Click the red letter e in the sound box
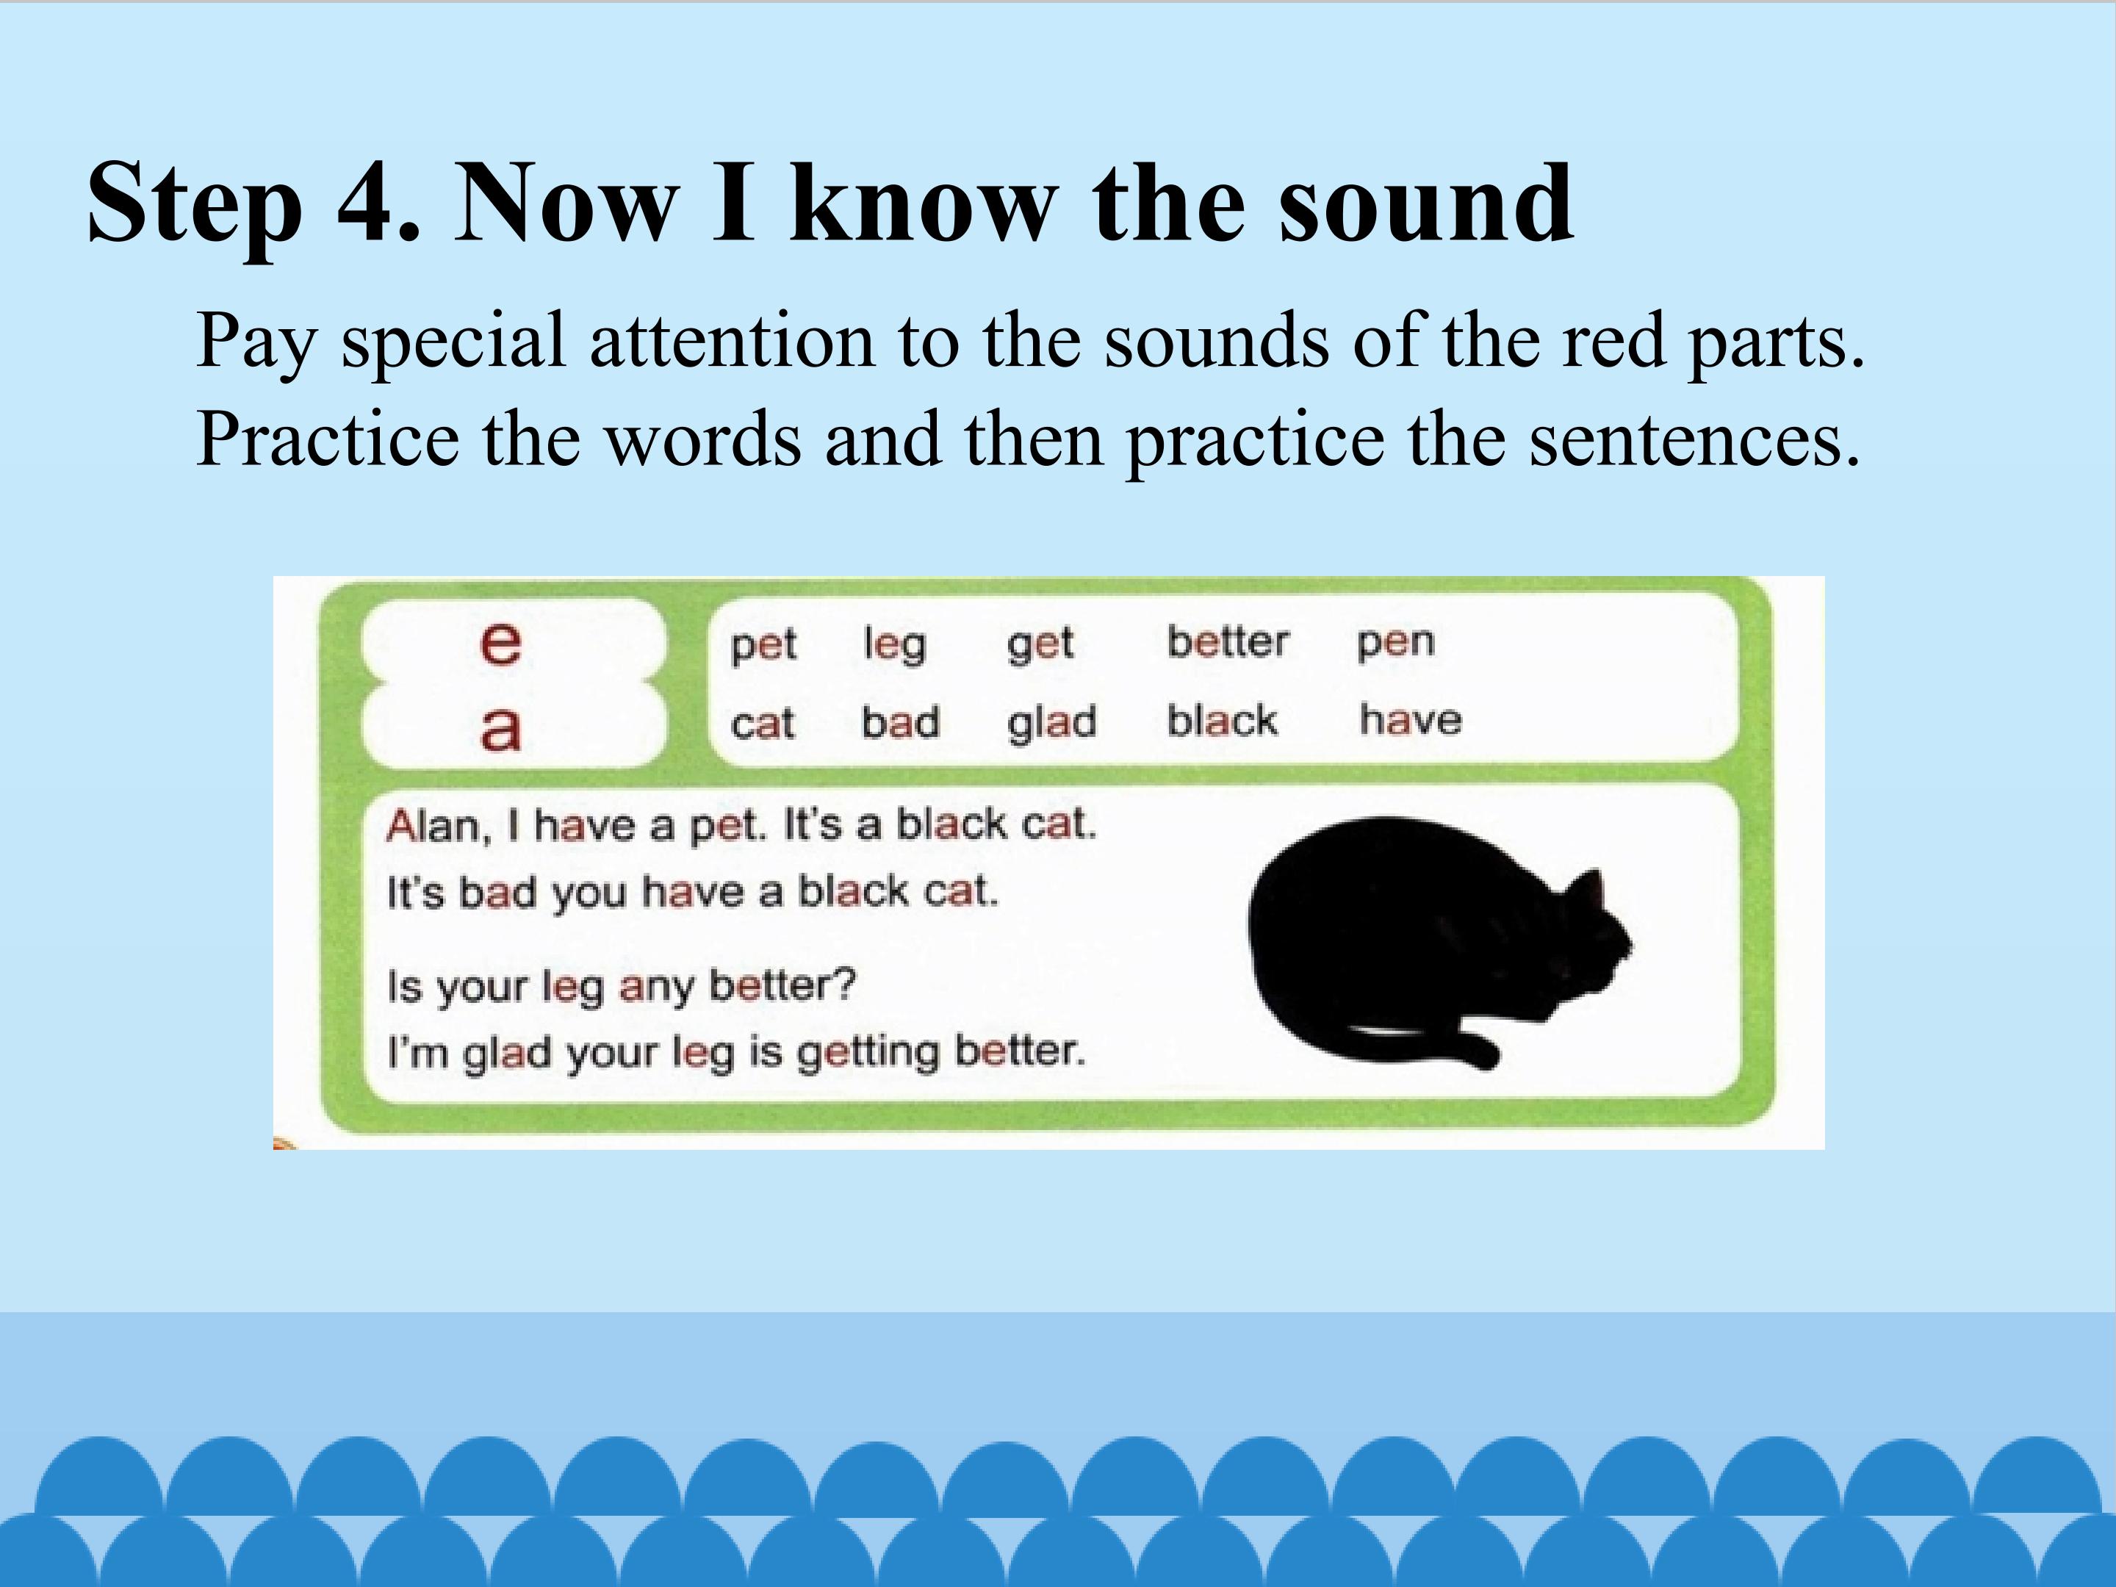500,642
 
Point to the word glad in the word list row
1051,723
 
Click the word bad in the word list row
900,722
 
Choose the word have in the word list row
1410,719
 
